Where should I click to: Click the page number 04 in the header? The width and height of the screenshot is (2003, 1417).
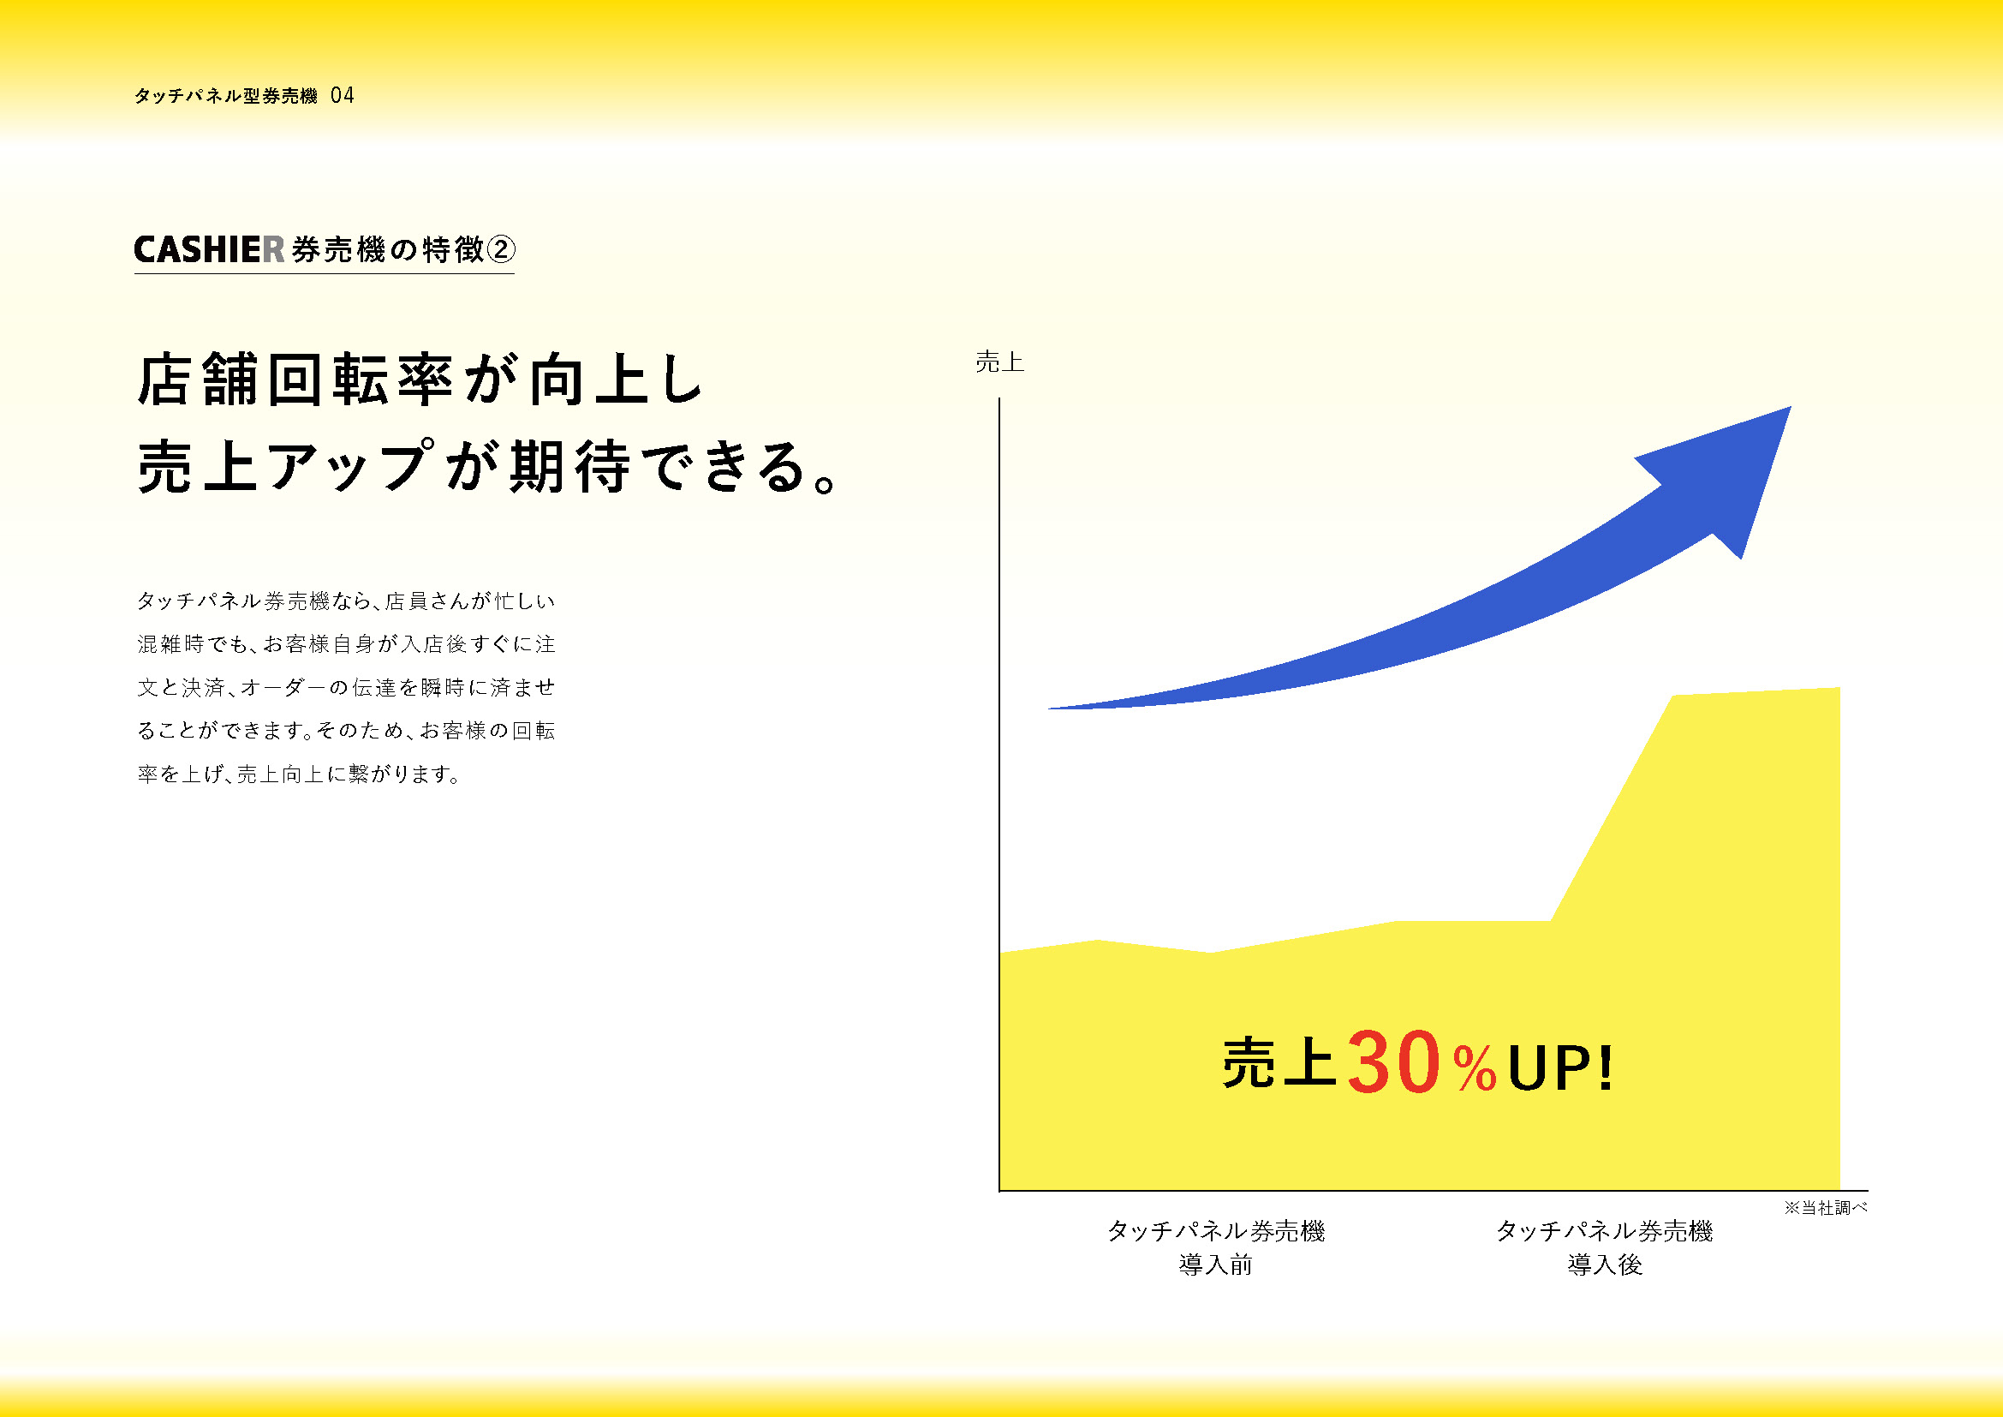343,95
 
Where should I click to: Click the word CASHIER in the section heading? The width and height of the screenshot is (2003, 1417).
209,250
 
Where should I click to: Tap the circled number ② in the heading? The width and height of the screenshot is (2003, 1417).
500,250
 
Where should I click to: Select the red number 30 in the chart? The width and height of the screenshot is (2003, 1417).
1393,1062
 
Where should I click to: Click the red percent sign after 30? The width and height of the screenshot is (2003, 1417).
1475,1069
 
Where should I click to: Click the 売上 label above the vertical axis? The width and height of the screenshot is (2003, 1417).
999,362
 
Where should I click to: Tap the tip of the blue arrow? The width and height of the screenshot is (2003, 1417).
1791,407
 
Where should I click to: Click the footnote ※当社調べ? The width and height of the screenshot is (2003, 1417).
1825,1208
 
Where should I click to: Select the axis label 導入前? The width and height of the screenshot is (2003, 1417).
1215,1265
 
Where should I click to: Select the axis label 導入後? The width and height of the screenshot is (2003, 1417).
1604,1265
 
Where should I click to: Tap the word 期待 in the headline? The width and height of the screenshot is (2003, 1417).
569,467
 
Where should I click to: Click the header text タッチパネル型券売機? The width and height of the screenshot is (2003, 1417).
226,96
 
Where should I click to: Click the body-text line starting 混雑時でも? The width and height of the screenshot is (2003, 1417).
346,644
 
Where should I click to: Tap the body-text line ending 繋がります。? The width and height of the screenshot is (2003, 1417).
299,774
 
